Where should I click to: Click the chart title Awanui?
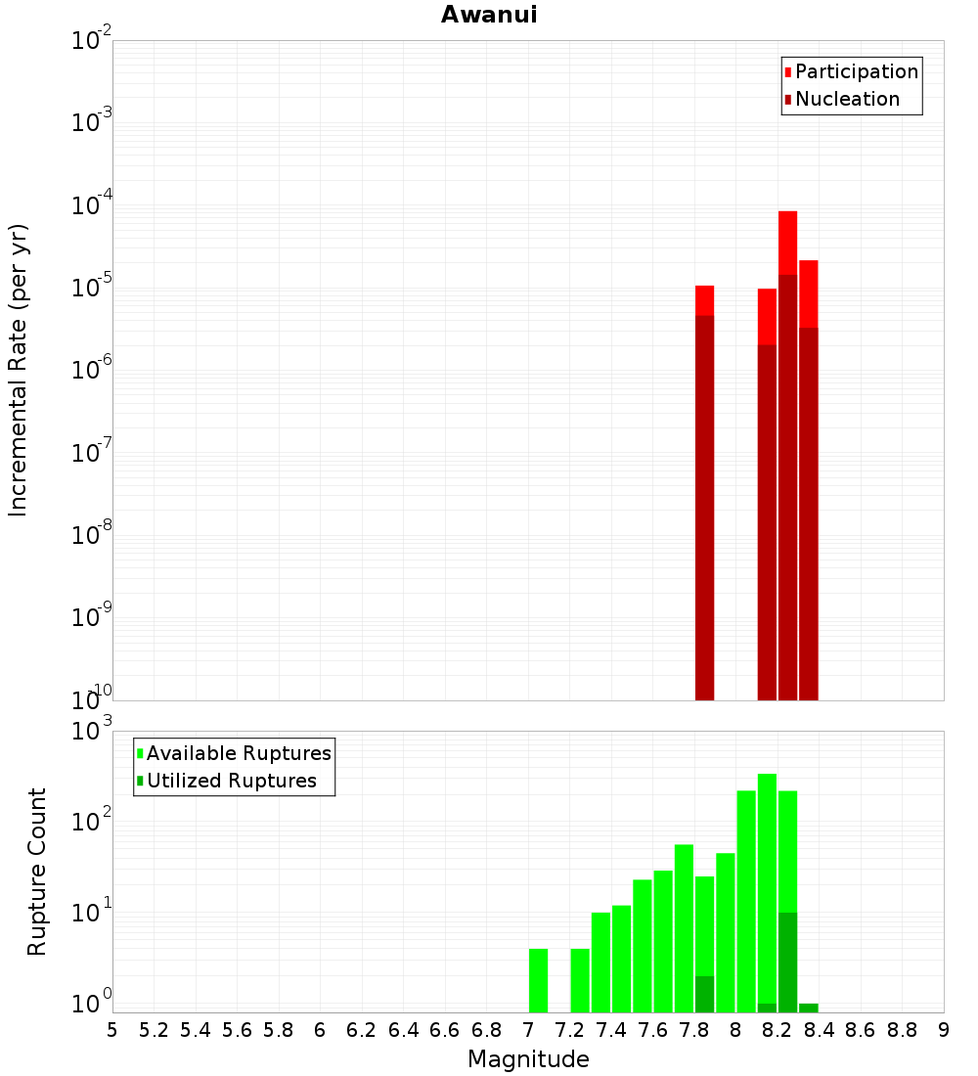(x=489, y=15)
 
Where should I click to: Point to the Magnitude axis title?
(x=528, y=1058)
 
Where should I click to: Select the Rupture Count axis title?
(x=37, y=871)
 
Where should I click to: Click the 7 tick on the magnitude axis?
(x=528, y=1030)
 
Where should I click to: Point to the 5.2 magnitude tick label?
(x=154, y=1030)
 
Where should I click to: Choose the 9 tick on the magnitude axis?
(x=944, y=1030)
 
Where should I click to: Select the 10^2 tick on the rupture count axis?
(x=94, y=822)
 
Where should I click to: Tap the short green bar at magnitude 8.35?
(x=808, y=1008)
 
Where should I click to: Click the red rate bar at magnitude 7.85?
(x=704, y=489)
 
